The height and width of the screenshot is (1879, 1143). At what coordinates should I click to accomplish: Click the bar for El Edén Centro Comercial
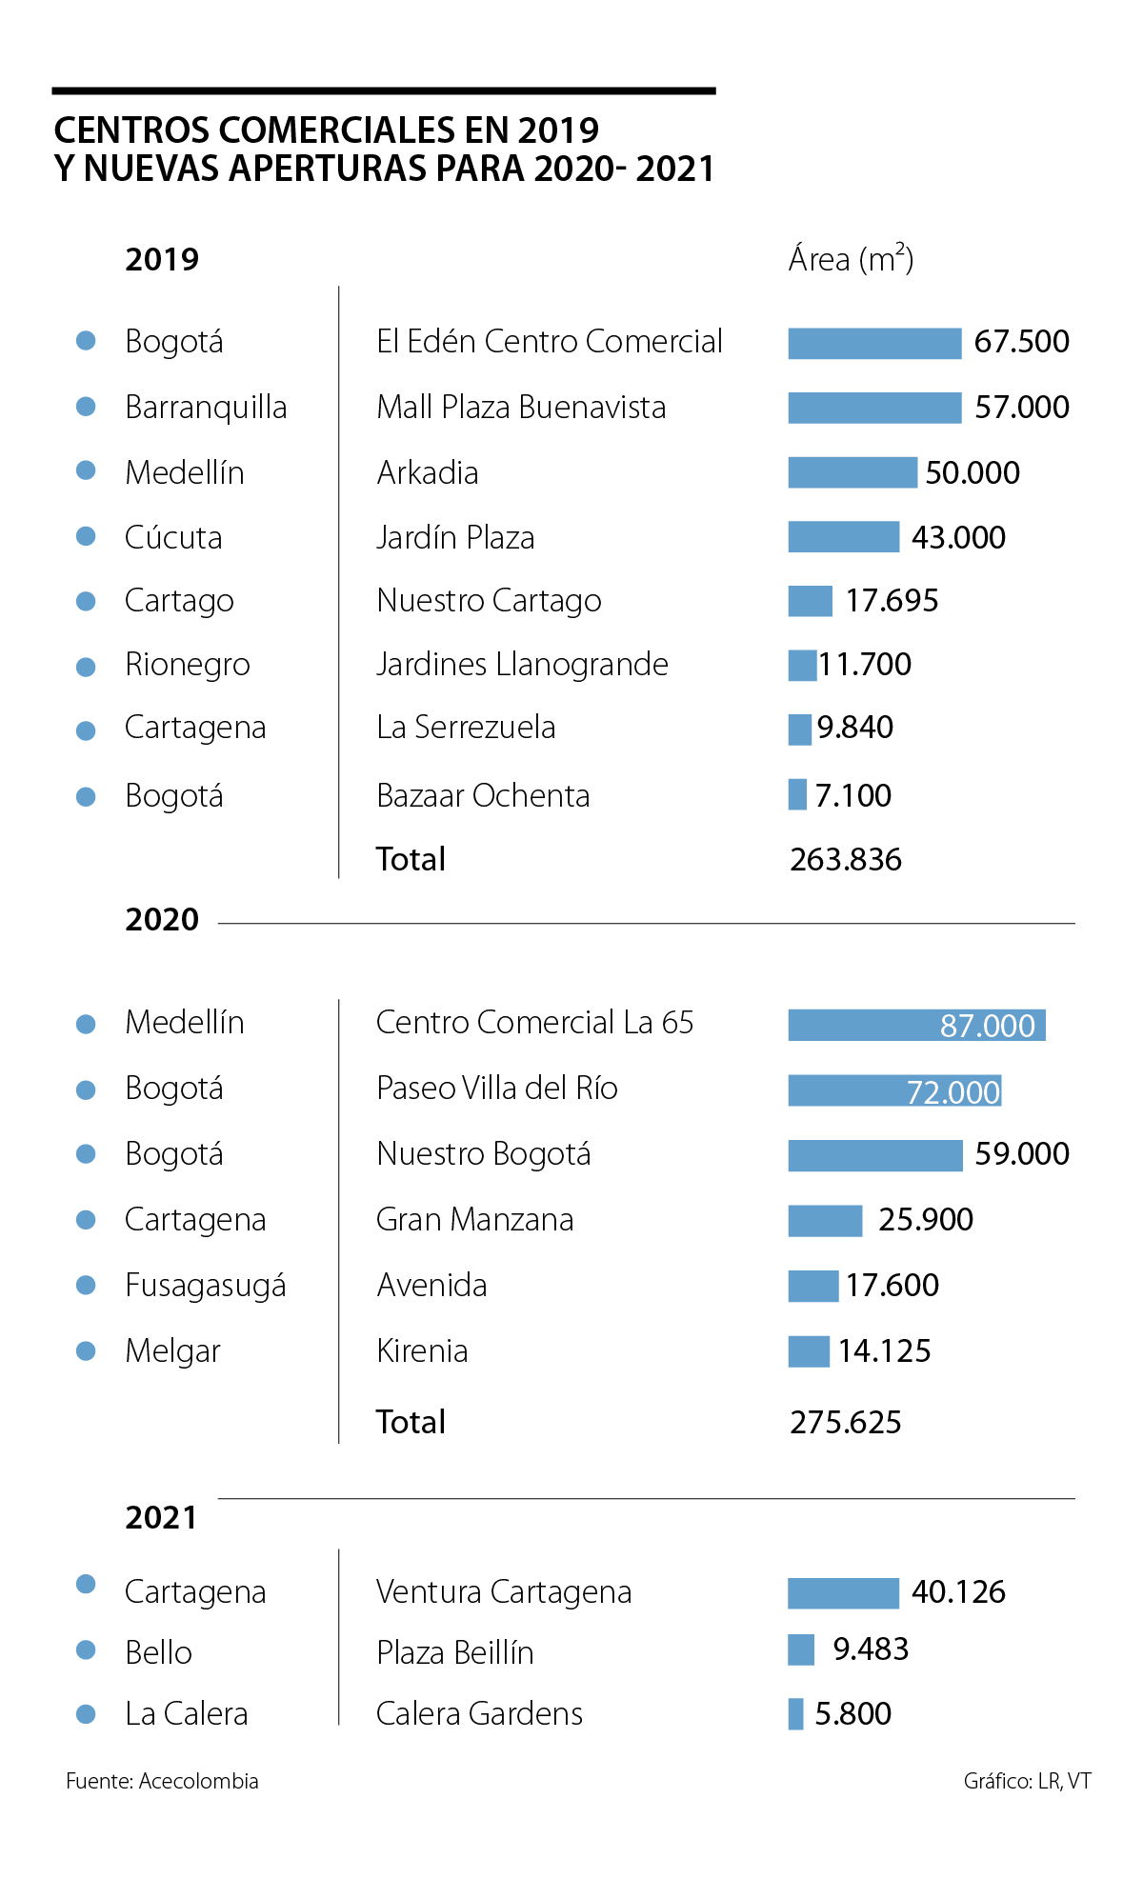[874, 343]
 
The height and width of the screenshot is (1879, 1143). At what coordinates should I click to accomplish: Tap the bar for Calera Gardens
[795, 1713]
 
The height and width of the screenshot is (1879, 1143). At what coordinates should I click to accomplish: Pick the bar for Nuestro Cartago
[810, 601]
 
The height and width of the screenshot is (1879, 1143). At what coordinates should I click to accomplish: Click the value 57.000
[1021, 408]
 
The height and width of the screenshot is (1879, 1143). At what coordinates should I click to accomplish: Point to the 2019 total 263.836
[845, 860]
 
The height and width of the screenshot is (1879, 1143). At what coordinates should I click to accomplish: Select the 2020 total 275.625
[845, 1423]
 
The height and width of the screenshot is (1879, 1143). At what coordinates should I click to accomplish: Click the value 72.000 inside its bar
[952, 1091]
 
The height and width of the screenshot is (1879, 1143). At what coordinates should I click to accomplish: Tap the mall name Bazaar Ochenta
[483, 796]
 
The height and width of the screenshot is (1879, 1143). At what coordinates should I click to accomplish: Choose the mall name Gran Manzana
[474, 1220]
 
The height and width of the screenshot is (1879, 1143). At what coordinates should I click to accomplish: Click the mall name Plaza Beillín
[454, 1652]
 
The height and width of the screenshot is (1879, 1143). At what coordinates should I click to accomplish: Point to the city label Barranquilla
[206, 408]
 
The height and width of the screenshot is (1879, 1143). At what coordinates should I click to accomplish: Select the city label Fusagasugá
[206, 1286]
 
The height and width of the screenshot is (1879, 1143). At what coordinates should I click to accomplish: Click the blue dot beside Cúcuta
[86, 536]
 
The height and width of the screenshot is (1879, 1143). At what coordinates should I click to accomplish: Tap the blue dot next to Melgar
[86, 1350]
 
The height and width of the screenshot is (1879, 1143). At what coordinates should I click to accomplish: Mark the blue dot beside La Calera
[86, 1713]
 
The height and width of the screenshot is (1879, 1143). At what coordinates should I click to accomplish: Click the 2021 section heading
[161, 1517]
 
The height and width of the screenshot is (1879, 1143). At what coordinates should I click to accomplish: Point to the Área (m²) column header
[851, 259]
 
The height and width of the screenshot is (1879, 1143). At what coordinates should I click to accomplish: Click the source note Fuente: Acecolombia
[162, 1781]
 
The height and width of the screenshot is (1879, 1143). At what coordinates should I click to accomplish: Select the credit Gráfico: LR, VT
[1027, 1781]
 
